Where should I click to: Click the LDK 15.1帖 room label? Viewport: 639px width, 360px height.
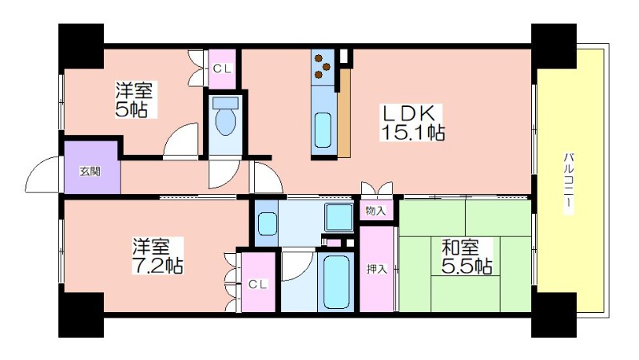point(412,123)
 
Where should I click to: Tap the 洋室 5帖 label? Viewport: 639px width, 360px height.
point(134,100)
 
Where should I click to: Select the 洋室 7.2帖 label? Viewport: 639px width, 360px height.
point(157,255)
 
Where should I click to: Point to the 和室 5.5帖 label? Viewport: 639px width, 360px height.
point(467,256)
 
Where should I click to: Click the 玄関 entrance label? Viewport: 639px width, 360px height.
point(89,172)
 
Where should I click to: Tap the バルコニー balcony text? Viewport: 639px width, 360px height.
point(569,184)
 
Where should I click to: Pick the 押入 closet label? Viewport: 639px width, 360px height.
point(376,269)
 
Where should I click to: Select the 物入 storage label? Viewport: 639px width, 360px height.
point(375,211)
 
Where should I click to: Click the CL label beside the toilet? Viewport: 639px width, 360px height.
point(222,69)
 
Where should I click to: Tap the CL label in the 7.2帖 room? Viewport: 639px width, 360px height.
point(257,284)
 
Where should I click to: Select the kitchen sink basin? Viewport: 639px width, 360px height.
point(323,129)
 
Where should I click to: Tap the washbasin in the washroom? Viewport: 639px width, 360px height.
point(267,224)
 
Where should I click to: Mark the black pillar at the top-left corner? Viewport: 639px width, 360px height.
point(81,45)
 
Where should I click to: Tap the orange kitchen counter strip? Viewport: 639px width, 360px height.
point(344,113)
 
